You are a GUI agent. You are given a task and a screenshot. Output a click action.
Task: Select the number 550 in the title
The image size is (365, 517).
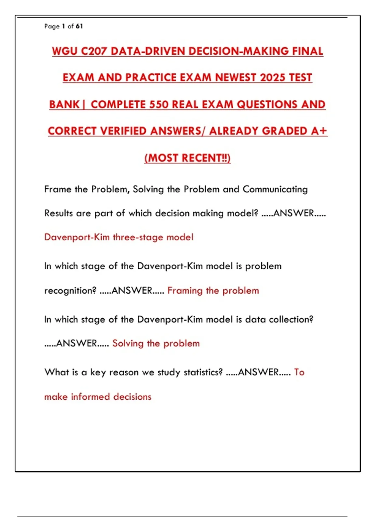(159, 104)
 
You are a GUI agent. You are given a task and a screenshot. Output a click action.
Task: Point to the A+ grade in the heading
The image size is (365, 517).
(319, 131)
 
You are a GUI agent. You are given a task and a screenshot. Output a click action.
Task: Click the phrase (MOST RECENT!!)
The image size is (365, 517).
(187, 158)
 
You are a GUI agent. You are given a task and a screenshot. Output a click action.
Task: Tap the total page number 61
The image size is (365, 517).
(79, 26)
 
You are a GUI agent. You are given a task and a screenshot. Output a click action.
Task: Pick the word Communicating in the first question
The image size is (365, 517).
(275, 189)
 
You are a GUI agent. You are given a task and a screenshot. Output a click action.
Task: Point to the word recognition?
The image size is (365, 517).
(70, 291)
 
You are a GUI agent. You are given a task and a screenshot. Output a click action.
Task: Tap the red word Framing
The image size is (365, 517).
(185, 291)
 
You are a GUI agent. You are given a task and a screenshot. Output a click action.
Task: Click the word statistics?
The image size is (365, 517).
(203, 372)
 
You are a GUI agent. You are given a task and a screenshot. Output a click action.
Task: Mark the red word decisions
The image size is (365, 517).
(132, 397)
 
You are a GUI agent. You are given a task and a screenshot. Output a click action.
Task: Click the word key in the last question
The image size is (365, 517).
(98, 372)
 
